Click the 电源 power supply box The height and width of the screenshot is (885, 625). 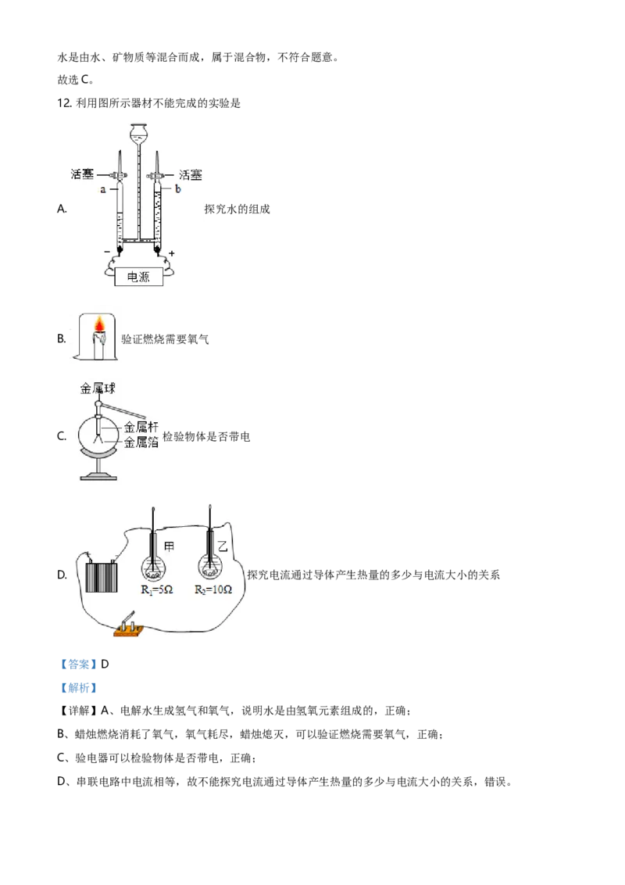point(138,277)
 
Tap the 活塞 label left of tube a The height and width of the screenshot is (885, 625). point(82,175)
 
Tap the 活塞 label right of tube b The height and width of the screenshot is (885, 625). point(190,175)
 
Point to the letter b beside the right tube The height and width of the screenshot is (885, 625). point(177,190)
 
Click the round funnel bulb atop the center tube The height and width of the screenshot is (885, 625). point(138,133)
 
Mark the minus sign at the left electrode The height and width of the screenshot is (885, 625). point(107,253)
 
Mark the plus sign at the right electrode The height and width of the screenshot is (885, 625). point(171,253)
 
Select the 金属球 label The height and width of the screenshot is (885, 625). point(98,388)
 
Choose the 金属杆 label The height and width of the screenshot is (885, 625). point(141,428)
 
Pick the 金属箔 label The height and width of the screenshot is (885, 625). point(141,442)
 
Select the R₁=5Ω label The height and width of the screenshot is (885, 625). point(156,590)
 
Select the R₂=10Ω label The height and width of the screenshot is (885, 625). point(213,590)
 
